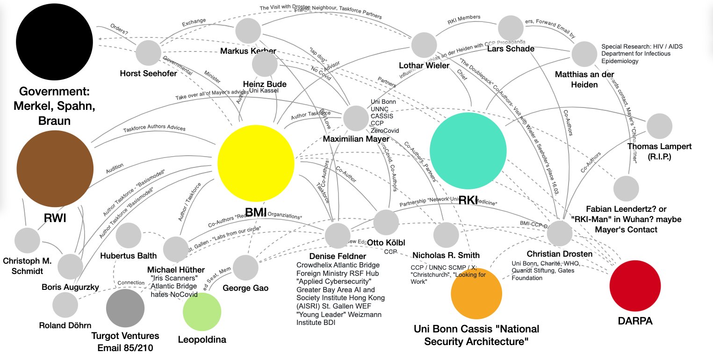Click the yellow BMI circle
tap(256, 163)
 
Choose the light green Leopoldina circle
tap(202, 312)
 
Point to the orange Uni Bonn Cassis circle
tap(476, 293)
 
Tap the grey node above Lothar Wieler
tap(424, 45)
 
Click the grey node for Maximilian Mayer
tap(356, 118)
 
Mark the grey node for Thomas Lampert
tap(659, 126)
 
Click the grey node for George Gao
tap(245, 267)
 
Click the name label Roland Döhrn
tap(65, 326)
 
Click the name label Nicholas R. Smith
tap(446, 255)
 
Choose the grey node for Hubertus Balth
tap(129, 236)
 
